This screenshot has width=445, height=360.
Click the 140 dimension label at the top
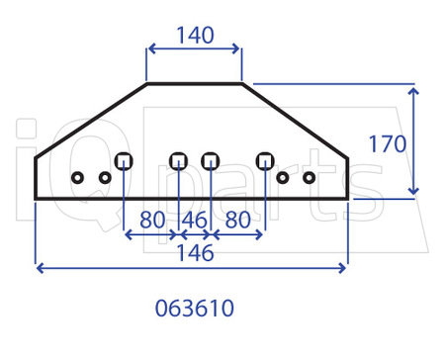(194, 36)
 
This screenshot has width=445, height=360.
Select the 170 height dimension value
(387, 144)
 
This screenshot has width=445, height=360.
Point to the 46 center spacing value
(194, 220)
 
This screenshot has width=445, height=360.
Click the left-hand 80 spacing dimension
(151, 220)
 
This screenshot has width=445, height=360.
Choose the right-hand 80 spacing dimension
(237, 220)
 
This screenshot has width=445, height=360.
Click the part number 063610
(194, 308)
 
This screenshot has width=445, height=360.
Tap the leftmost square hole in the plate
(124, 160)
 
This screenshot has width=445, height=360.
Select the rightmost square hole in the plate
(264, 160)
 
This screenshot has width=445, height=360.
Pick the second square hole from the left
(178, 160)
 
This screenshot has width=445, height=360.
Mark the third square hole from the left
(210, 160)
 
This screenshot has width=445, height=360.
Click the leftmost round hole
(77, 178)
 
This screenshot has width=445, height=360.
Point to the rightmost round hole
(310, 178)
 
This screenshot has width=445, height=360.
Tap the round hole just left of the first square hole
(104, 178)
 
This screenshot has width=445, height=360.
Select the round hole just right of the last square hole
(283, 178)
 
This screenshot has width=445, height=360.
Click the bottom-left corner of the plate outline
(36, 198)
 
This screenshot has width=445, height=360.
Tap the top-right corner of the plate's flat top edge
(242, 84)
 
